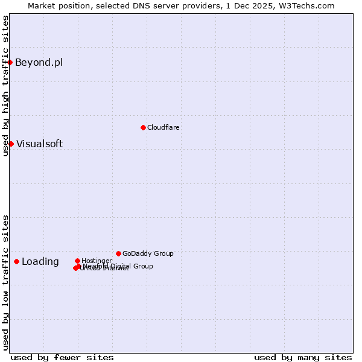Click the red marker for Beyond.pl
click(10, 62)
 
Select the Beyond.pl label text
click(39, 63)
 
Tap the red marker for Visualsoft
click(11, 144)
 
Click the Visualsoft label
click(39, 144)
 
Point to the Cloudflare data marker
click(143, 127)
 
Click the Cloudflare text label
click(163, 127)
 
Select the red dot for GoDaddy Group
click(118, 253)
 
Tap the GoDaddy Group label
click(148, 253)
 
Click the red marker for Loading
click(16, 261)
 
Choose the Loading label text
click(40, 262)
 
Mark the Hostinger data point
click(77, 261)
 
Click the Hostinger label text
click(97, 261)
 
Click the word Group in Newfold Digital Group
click(143, 266)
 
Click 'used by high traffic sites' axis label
click(6, 86)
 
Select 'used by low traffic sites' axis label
click(6, 282)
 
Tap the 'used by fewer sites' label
click(62, 357)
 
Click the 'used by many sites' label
click(303, 357)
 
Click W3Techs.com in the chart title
click(308, 5)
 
